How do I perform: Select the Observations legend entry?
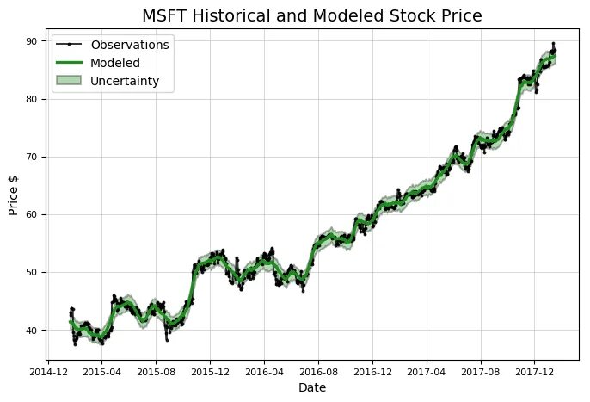[x=130, y=43]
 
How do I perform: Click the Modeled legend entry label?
[x=116, y=63]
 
